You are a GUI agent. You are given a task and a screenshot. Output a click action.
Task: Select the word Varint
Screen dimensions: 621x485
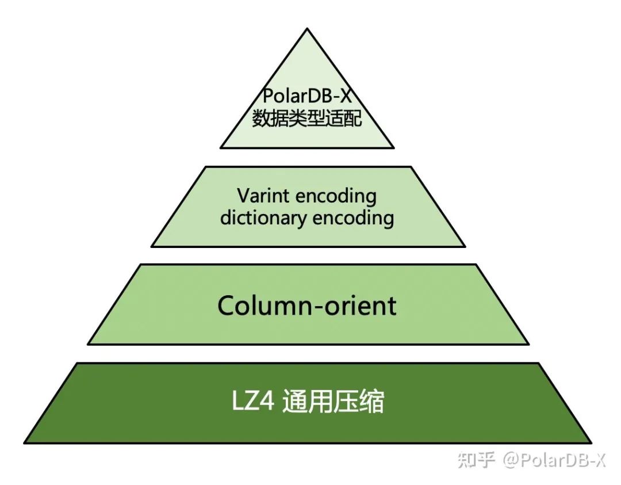pyautogui.click(x=258, y=196)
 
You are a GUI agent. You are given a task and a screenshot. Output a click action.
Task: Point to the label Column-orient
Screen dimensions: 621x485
pyautogui.click(x=307, y=305)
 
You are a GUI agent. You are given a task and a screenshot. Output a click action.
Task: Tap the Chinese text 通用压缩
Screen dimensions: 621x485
pyautogui.click(x=333, y=403)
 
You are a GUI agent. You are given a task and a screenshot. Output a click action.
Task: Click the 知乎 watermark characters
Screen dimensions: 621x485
pyautogui.click(x=476, y=460)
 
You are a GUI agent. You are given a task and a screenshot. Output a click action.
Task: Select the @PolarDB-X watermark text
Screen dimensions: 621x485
pyautogui.click(x=554, y=460)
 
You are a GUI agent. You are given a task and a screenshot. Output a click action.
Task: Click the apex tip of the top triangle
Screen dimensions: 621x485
pyautogui.click(x=307, y=29)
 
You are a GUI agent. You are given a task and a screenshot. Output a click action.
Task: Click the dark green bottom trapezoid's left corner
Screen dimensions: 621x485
pyautogui.click(x=25, y=442)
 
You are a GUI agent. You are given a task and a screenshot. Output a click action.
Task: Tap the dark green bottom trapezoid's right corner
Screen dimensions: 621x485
pyautogui.click(x=591, y=442)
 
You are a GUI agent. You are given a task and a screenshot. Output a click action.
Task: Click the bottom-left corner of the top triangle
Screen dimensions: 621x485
pyautogui.click(x=221, y=147)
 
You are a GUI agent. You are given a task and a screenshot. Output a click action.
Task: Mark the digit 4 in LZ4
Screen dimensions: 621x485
pyautogui.click(x=269, y=403)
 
